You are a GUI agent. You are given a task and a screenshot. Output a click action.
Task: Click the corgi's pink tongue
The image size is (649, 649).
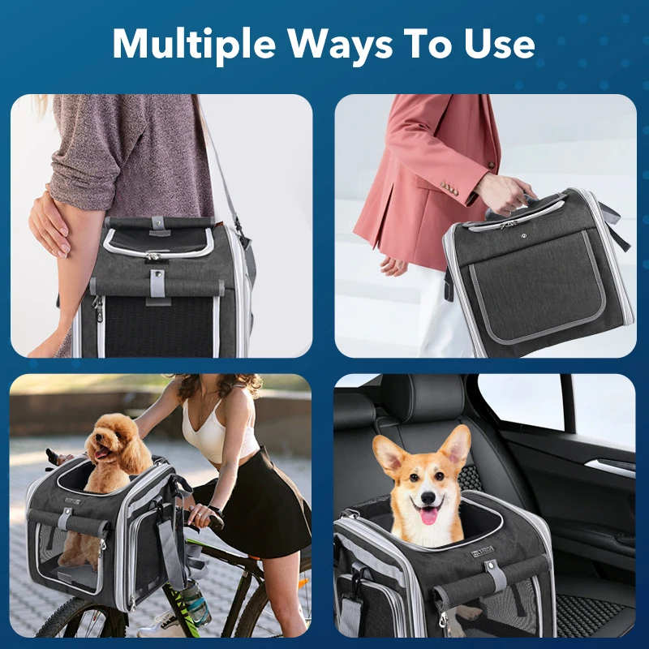click(x=428, y=514)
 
